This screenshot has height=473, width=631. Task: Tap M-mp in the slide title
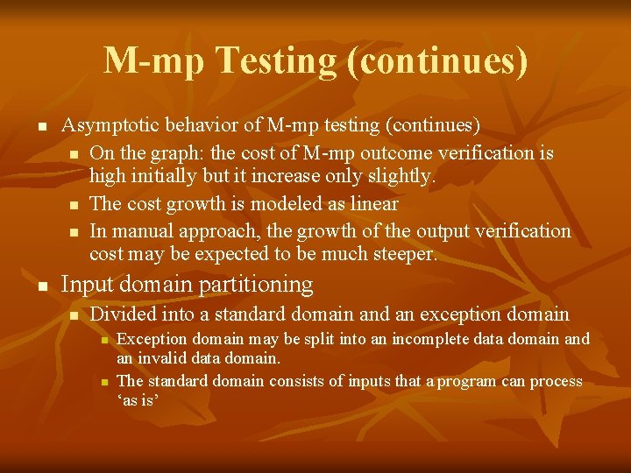pyautogui.click(x=153, y=60)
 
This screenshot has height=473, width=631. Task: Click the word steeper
pyautogui.click(x=399, y=254)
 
